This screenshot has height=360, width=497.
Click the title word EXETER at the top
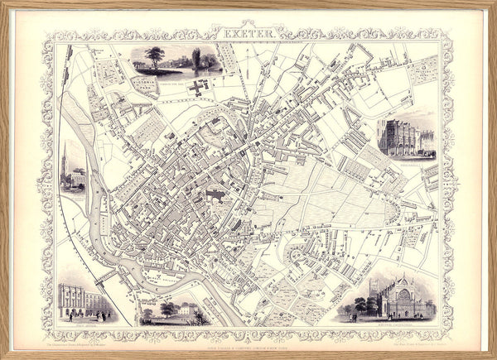point(248,33)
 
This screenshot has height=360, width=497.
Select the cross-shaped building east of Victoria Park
point(196,87)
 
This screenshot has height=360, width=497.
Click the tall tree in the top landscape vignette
point(154,57)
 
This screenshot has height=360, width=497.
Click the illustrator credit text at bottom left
point(83,335)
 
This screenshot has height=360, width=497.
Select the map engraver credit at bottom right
point(414,335)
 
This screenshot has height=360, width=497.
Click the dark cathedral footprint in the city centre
point(215,196)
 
